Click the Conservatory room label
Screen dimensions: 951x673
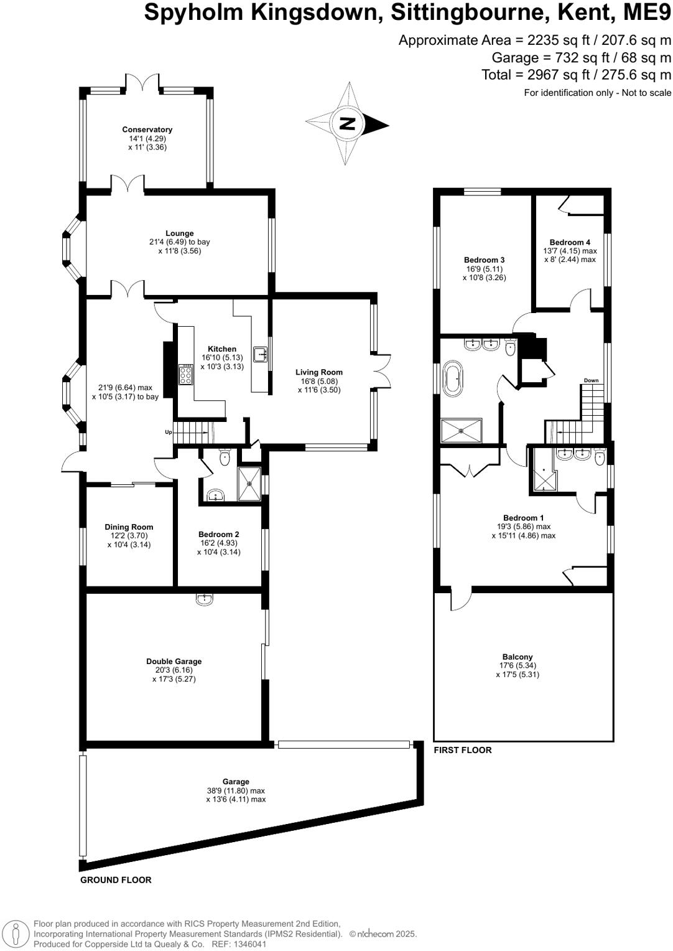point(147,130)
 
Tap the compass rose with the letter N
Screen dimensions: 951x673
point(348,123)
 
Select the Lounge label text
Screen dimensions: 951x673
point(180,233)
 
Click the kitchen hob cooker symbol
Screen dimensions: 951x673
point(186,374)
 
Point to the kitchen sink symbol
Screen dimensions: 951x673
point(261,354)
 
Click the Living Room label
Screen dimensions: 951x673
point(319,372)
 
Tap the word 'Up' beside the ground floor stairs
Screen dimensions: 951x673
point(168,432)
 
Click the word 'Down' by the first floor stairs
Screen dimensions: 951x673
point(591,380)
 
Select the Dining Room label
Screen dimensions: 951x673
point(129,527)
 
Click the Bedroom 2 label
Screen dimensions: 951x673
point(219,534)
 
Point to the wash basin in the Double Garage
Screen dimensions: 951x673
point(204,599)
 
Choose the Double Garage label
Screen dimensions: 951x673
point(174,662)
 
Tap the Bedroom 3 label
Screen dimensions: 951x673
point(484,260)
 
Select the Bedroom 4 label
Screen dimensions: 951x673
point(570,242)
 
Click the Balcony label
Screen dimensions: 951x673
point(518,657)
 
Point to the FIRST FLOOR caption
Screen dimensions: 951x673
point(463,750)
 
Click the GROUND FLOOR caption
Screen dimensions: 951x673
point(116,880)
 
